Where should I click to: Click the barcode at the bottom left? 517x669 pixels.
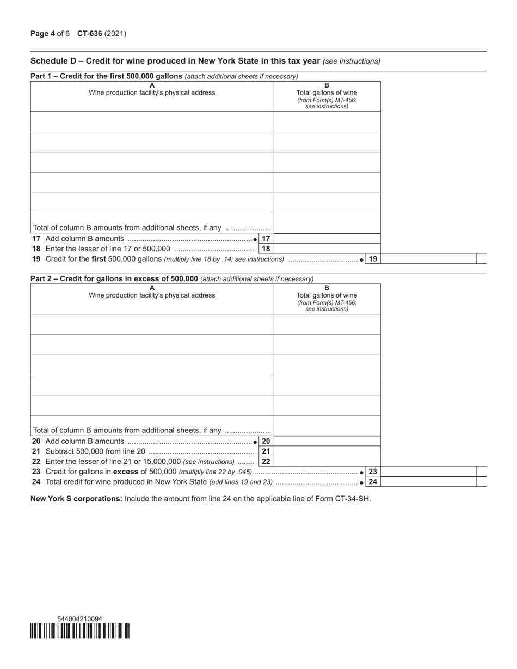pyautogui.click(x=80, y=631)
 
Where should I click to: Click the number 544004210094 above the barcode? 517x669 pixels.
pyautogui.click(x=79, y=619)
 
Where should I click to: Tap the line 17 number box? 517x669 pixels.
pyautogui.click(x=266, y=239)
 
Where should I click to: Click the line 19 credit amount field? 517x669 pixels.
pyautogui.click(x=428, y=259)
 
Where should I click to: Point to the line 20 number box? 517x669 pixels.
pyautogui.click(x=266, y=441)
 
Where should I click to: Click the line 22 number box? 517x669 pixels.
pyautogui.click(x=266, y=461)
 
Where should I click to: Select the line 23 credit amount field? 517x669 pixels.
pyautogui.click(x=428, y=472)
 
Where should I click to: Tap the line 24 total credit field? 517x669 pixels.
pyautogui.click(x=428, y=482)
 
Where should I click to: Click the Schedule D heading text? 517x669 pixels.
pyautogui.click(x=176, y=61)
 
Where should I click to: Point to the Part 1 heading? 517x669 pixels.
pyautogui.click(x=107, y=76)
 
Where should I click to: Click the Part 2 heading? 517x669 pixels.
pyautogui.click(x=114, y=279)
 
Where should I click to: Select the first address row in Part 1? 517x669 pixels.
pyautogui.click(x=152, y=122)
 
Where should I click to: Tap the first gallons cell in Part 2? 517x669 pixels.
pyautogui.click(x=327, y=324)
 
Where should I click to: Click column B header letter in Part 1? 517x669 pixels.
pyautogui.click(x=327, y=85)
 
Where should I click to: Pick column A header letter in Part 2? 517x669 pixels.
pyautogui.click(x=152, y=288)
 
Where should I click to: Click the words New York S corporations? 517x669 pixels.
pyautogui.click(x=76, y=499)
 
